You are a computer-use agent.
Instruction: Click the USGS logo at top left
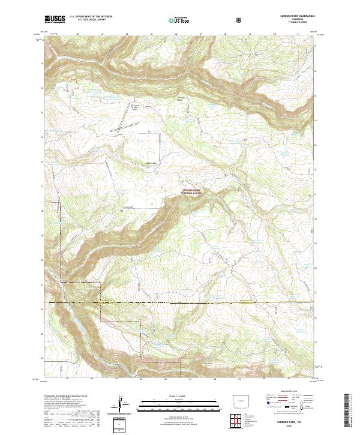point(55,19)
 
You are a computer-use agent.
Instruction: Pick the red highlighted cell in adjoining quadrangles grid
point(239,420)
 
